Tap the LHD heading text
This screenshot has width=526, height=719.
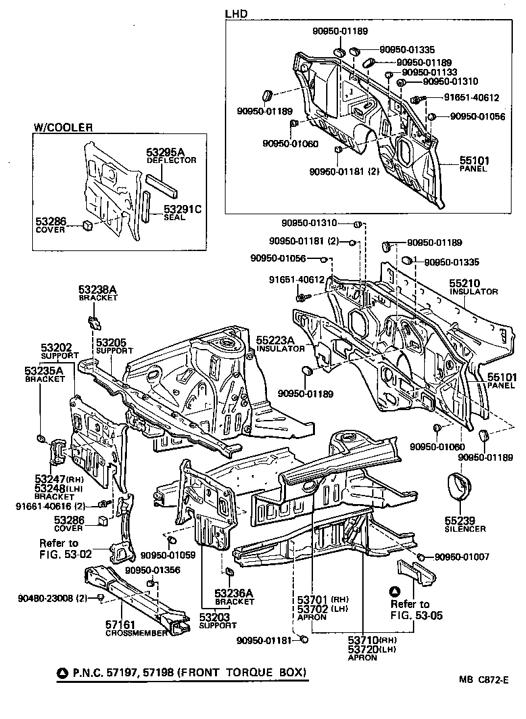tap(235, 12)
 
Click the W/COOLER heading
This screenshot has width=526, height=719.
tap(63, 128)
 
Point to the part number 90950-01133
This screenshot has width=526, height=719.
tap(429, 72)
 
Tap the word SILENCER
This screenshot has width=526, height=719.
tap(466, 529)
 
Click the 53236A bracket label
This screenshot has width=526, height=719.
tap(233, 593)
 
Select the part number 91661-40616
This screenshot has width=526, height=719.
tap(41, 505)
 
